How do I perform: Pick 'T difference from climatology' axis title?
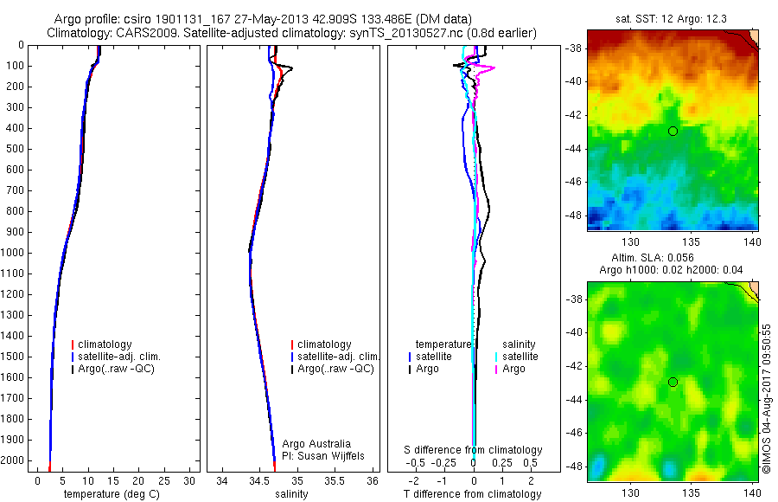472,494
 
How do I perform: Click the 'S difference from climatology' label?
473,450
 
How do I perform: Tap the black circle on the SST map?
673,131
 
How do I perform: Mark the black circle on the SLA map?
673,382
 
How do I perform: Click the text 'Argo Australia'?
317,444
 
